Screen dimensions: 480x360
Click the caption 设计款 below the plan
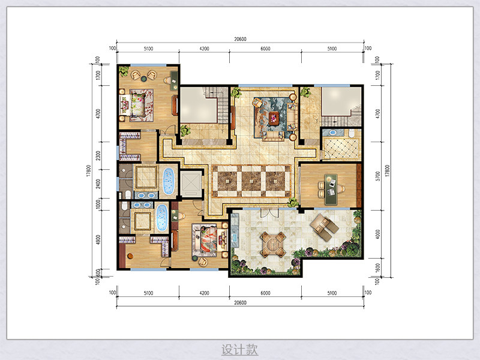tap(239, 349)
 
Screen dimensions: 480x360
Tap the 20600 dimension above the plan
tap(241, 39)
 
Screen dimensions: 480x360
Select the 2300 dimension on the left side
tap(98, 155)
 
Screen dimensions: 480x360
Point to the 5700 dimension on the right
tap(378, 176)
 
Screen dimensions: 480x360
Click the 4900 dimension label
tap(98, 239)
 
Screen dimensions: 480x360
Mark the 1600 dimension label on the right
tap(378, 268)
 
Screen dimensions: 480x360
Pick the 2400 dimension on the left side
tap(98, 184)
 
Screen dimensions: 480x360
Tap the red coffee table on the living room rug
tap(274, 118)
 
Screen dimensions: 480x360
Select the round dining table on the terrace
tap(273, 244)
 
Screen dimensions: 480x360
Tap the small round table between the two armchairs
tap(143, 79)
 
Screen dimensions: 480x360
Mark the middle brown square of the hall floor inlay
tap(251, 181)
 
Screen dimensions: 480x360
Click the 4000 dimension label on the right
tap(378, 234)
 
